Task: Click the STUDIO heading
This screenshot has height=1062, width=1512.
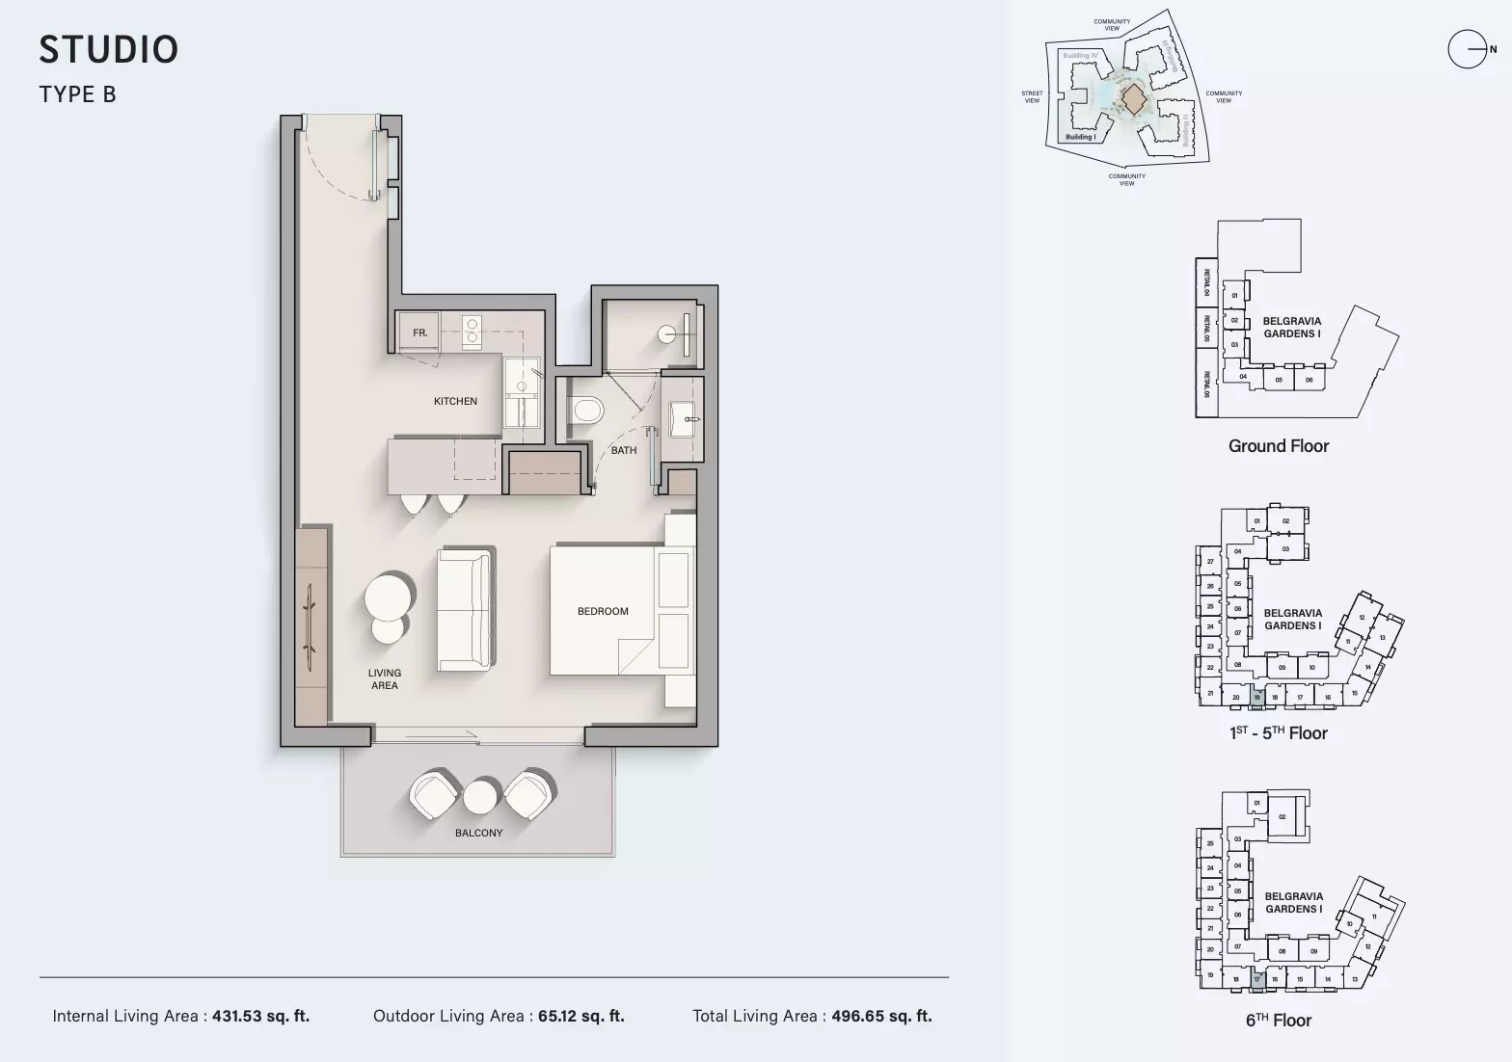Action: point(109,50)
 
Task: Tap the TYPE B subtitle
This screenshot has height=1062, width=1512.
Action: point(77,94)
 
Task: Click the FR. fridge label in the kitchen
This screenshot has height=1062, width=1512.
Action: point(419,332)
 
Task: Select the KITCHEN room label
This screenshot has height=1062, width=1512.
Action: point(455,401)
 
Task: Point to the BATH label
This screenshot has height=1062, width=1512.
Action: point(623,450)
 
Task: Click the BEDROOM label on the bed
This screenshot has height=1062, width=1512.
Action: point(603,611)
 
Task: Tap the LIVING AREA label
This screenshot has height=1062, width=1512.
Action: point(385,679)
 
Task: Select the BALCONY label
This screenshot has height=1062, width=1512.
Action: point(478,833)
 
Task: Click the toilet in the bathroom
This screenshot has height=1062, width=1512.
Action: point(586,412)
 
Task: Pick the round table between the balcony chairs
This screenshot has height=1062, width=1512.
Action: point(479,797)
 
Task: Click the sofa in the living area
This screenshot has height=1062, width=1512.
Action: point(466,610)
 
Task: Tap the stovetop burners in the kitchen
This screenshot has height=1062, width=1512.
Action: point(472,331)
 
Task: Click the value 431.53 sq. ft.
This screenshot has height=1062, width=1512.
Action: point(260,1016)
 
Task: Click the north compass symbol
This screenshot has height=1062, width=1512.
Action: point(1468,49)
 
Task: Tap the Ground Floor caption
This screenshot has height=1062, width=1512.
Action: point(1278,446)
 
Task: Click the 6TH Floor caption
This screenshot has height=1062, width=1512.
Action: point(1278,1021)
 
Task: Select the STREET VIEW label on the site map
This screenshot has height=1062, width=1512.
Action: point(1032,97)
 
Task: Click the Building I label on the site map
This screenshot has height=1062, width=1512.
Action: point(1079,137)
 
